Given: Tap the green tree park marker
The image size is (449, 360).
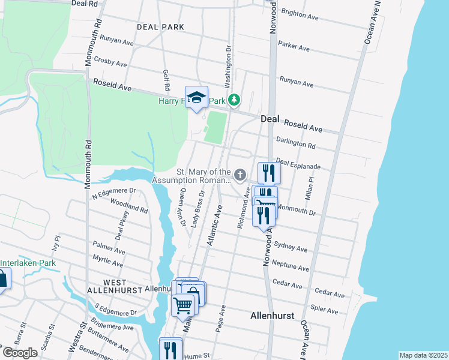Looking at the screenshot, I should [x=234, y=100].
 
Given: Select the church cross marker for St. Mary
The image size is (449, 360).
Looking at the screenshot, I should [x=240, y=175].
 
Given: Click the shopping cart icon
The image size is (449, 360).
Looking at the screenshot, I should [x=183, y=304].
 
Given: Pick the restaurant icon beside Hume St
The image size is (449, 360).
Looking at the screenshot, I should [x=170, y=349].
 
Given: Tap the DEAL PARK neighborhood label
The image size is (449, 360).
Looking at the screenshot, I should [x=160, y=27].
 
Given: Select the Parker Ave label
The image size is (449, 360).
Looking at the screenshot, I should [x=294, y=46].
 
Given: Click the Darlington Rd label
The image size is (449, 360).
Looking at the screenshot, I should [x=295, y=144].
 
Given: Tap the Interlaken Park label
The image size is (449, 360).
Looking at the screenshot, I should [x=28, y=263].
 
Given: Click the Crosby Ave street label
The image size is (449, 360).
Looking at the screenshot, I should [x=110, y=62].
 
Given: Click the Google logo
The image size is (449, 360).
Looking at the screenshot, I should [x=19, y=353].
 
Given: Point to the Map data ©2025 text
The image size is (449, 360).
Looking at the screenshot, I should [x=423, y=355].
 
